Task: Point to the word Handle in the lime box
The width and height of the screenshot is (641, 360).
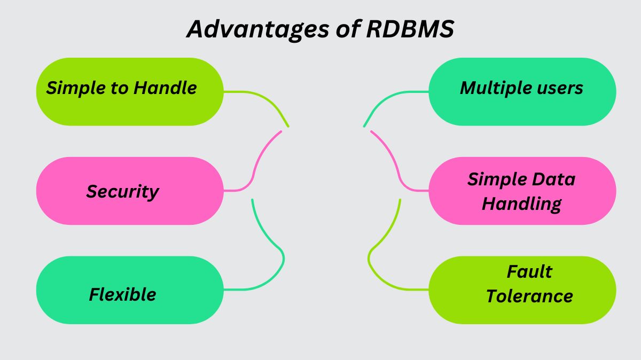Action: tap(165, 88)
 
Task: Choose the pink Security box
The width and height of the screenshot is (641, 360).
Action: tap(130, 191)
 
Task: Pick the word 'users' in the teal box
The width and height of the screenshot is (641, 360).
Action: tap(560, 88)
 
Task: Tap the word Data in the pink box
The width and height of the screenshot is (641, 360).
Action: tap(556, 179)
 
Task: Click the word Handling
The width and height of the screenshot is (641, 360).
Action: tap(521, 204)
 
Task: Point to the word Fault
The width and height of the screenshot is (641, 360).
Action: tap(529, 271)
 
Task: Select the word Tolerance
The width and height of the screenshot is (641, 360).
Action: tap(529, 296)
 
